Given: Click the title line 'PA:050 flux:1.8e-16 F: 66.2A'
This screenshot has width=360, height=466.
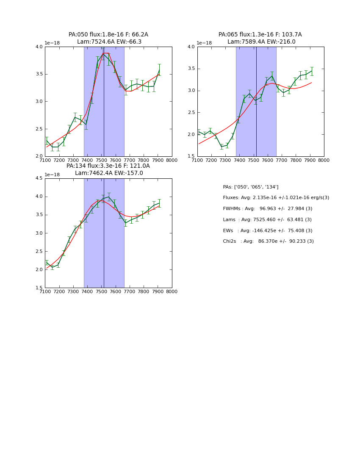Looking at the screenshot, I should (x=108, y=35).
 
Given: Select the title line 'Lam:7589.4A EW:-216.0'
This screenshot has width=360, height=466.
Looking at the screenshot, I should (x=261, y=42).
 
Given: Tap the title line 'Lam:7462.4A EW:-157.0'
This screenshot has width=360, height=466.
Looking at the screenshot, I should (x=109, y=173).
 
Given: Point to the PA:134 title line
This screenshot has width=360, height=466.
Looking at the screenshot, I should (x=108, y=166).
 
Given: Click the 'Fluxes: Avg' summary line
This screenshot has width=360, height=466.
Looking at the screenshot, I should (x=276, y=198).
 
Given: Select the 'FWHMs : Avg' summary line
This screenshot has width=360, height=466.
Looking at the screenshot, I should (x=267, y=209).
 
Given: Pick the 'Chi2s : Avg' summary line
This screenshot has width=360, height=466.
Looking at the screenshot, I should (x=268, y=241).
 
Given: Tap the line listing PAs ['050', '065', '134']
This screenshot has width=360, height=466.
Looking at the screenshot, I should (x=250, y=187).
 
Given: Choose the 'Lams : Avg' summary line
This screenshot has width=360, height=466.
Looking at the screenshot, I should (x=267, y=220).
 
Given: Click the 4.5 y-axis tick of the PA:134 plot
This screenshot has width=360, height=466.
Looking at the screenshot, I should (x=39, y=178).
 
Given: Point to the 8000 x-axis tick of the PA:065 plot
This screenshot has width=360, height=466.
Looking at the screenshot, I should (x=324, y=160).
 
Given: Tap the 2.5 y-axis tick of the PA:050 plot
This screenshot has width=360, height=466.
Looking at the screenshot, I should (x=39, y=129).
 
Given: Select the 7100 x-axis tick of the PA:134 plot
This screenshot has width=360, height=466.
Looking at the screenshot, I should (x=45, y=291).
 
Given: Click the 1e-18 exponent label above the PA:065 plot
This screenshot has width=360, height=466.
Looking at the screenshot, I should (x=204, y=43).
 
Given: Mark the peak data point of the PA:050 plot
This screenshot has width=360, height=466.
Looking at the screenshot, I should (x=103, y=53).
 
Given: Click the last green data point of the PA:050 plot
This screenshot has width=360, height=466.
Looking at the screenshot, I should (x=159, y=70).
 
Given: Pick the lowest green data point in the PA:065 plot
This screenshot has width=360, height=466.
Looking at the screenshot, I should (x=222, y=147).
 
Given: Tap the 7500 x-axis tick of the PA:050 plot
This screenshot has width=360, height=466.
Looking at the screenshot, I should (x=101, y=160).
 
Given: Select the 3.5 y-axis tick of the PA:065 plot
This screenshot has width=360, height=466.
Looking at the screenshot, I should (x=191, y=69).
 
